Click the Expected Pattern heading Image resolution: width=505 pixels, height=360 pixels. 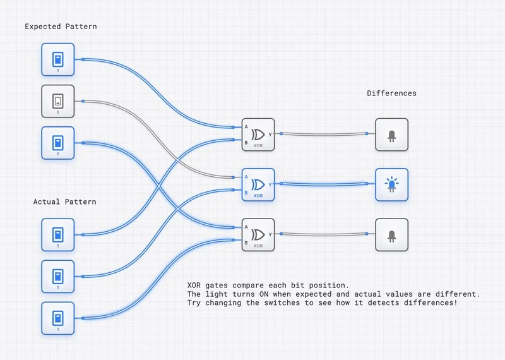[61, 27]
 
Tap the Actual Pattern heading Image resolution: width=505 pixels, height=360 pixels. [64, 201]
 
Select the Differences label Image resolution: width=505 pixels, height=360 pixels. [391, 93]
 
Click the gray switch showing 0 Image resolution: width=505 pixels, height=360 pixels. [58, 101]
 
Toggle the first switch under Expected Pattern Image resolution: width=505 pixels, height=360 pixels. [58, 59]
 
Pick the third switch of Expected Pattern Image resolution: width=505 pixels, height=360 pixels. [58, 143]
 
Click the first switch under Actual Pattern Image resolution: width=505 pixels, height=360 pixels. [58, 234]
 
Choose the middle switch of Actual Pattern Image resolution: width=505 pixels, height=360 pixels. [58, 276]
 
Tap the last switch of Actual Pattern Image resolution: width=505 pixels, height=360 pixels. [58, 318]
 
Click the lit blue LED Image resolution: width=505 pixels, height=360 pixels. [391, 184]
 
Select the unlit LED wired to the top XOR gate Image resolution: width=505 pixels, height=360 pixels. [391, 135]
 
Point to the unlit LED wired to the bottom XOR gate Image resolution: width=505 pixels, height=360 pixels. [391, 234]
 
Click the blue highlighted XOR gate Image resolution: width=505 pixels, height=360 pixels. [258, 184]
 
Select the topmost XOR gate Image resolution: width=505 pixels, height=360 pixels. [258, 135]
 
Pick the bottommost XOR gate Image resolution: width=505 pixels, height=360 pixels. [258, 234]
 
